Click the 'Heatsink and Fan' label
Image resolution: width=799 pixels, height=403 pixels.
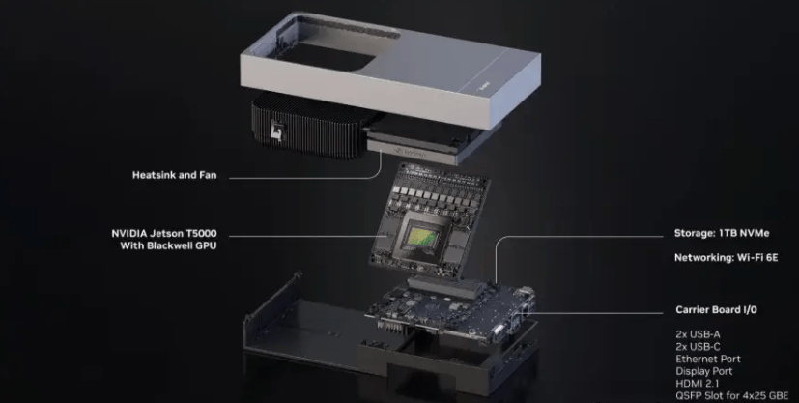tap(174, 175)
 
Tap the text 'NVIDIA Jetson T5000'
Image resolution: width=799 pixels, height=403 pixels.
tap(164, 233)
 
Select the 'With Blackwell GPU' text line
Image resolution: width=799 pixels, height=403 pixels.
tap(168, 245)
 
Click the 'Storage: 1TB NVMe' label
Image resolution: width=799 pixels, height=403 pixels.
tap(722, 233)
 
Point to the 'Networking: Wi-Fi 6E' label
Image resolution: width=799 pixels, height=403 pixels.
tap(727, 258)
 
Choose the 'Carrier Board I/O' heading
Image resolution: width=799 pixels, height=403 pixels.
tap(716, 310)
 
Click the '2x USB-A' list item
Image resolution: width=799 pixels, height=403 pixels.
tap(698, 334)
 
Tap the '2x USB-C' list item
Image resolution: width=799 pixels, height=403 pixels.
tap(698, 347)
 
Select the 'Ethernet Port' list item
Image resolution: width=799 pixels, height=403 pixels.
tap(708, 360)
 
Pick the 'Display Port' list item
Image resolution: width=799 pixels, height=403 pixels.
tap(703, 371)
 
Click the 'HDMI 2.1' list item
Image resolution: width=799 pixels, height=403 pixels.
tap(697, 384)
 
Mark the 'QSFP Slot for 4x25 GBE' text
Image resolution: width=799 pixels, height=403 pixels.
tap(731, 396)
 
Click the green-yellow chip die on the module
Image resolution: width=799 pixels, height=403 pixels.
tap(421, 235)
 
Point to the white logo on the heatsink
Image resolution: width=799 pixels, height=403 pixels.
tap(276, 130)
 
